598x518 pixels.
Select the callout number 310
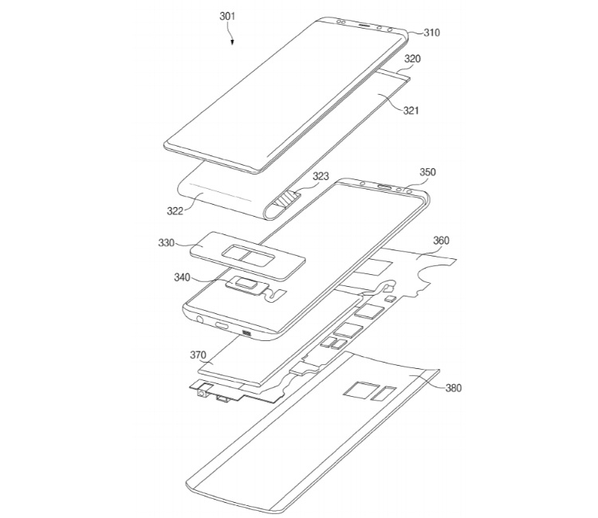pos(431,33)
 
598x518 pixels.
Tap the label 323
pos(299,176)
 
